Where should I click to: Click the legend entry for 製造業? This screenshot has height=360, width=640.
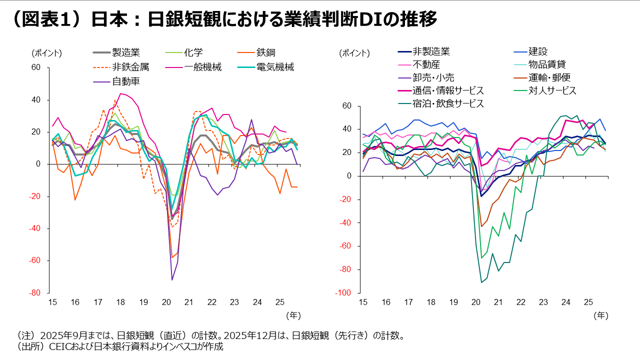[125, 52]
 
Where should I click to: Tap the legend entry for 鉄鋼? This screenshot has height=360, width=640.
[266, 52]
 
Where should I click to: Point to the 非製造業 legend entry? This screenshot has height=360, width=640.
[431, 51]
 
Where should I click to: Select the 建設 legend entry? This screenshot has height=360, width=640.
[538, 51]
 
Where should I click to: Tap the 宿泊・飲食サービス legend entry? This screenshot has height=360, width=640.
[448, 103]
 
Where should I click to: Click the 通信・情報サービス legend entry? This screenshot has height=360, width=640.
[448, 90]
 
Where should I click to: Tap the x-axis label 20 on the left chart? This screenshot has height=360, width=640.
[166, 302]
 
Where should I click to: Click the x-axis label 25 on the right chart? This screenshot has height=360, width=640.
[588, 302]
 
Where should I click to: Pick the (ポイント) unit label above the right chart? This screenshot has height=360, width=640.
[354, 53]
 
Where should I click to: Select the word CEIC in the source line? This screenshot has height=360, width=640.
[59, 346]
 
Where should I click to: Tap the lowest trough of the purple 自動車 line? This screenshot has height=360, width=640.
[172, 279]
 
